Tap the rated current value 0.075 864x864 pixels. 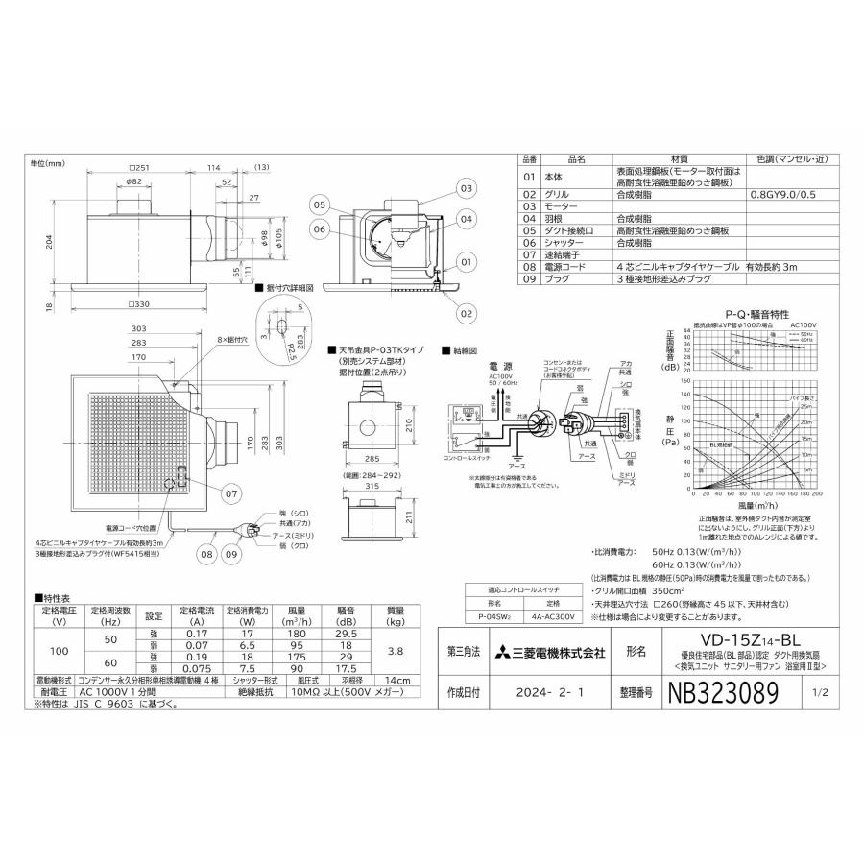click(x=196, y=669)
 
